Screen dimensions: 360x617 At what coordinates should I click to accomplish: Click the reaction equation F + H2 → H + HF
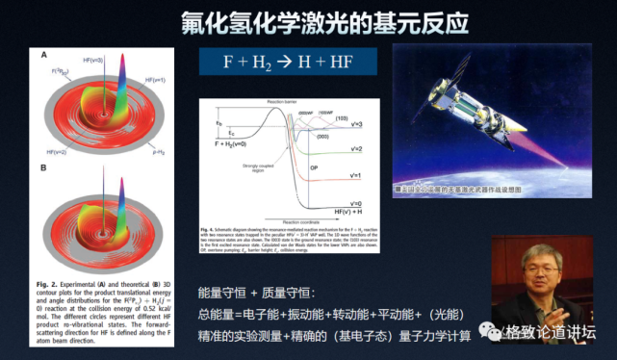[x=288, y=63]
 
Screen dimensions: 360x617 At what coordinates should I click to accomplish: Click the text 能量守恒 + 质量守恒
[x=259, y=291]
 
